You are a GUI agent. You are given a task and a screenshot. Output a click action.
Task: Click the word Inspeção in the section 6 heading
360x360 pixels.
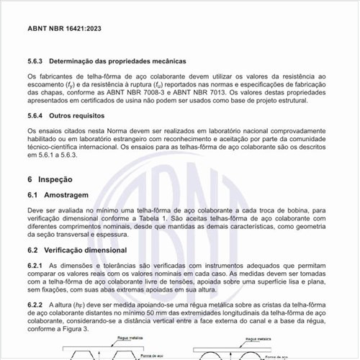point(59,178)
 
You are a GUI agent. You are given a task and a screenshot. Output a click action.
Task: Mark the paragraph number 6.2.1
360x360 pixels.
point(35,266)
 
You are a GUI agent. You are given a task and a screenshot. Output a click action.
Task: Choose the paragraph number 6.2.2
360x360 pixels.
point(35,305)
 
